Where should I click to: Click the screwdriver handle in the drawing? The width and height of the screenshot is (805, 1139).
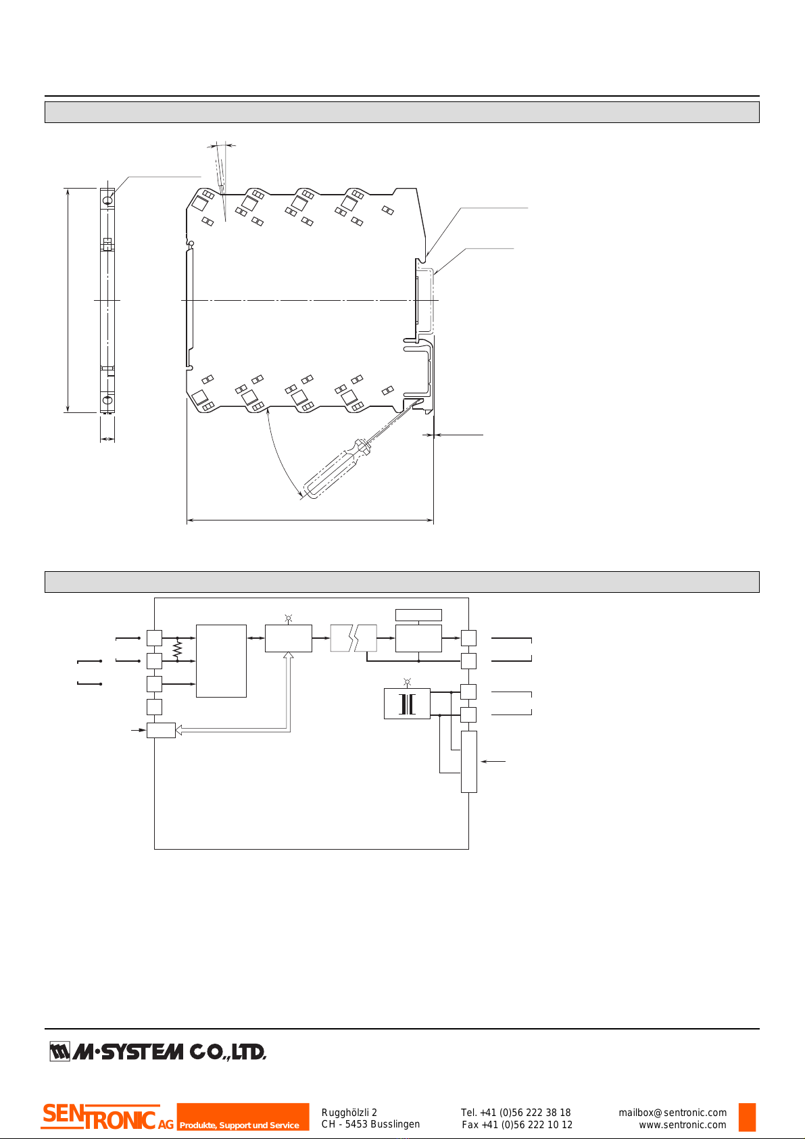click(x=327, y=473)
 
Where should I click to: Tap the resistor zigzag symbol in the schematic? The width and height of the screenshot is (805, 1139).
click(x=177, y=650)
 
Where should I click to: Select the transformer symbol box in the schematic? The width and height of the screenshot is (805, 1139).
click(x=407, y=704)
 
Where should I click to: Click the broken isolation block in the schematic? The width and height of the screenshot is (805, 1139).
click(x=353, y=638)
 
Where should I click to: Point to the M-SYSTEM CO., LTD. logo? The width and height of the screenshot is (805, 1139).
click(x=158, y=1052)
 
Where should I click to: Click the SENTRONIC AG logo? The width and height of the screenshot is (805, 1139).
click(x=107, y=1117)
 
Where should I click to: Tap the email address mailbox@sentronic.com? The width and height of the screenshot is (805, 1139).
click(x=673, y=1113)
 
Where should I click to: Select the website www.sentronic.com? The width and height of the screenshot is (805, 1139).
click(x=683, y=1125)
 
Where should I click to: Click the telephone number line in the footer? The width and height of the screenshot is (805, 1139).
click(x=516, y=1113)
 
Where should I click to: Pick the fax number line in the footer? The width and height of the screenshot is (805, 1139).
click(x=517, y=1125)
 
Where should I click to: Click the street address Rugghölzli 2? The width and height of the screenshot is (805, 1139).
click(x=349, y=1113)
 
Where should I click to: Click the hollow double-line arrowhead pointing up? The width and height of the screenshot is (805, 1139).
click(x=289, y=656)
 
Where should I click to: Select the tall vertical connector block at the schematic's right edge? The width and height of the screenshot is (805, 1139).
click(x=468, y=761)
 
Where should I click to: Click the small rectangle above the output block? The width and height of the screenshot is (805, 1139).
click(x=418, y=614)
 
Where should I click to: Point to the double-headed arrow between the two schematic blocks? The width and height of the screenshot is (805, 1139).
click(x=255, y=638)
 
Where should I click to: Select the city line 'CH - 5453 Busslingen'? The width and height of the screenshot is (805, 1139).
click(x=370, y=1125)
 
